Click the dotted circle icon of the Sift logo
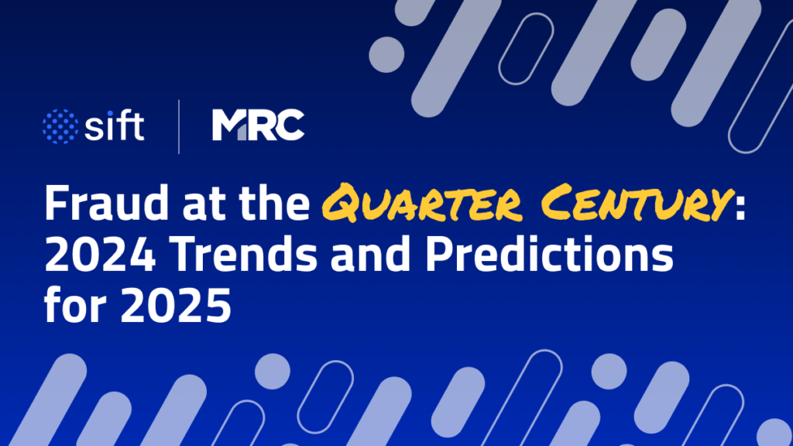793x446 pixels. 60,126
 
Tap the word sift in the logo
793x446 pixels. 115,125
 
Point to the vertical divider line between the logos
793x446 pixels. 179,126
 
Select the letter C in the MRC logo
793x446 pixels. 290,125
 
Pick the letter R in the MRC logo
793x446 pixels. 260,125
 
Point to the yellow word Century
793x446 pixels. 620,205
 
